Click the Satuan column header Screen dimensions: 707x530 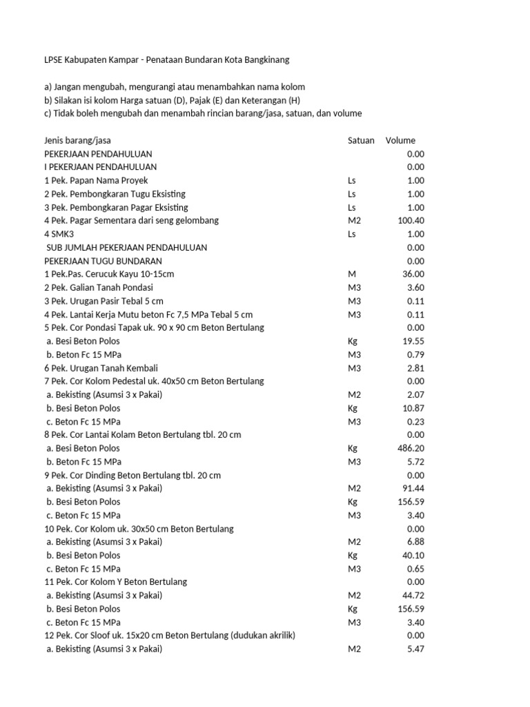pos(361,140)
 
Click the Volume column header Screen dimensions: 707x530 pos(400,140)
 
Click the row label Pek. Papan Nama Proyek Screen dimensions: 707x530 pos(96,180)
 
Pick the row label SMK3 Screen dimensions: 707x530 pos(64,234)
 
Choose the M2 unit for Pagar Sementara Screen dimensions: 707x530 pos(355,220)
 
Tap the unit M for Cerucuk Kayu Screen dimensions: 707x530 pos(352,274)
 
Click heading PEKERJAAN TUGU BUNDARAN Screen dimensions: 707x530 pos(103,261)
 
